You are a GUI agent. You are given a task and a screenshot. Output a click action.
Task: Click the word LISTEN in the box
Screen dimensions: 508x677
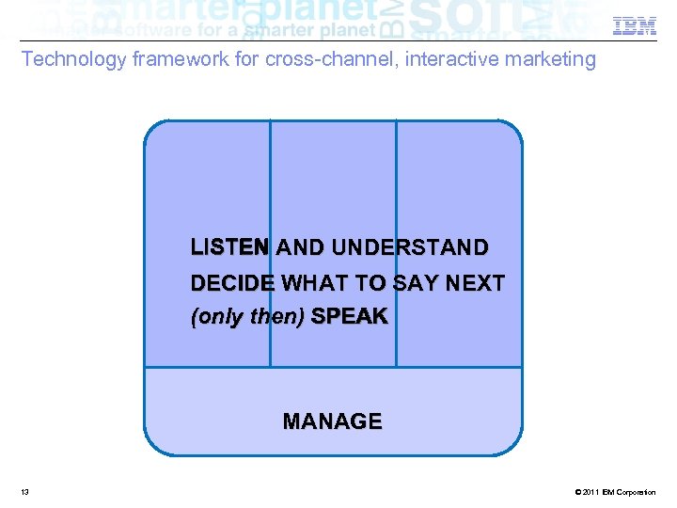pyautogui.click(x=229, y=248)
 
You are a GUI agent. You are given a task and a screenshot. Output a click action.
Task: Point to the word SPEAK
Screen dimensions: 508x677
pyautogui.click(x=349, y=317)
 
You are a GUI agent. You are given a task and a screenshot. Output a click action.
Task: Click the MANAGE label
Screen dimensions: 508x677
pyautogui.click(x=332, y=421)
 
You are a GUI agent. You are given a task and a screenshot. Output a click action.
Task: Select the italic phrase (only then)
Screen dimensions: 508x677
pyautogui.click(x=247, y=317)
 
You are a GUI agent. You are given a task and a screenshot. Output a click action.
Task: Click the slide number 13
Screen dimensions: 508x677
pyautogui.click(x=24, y=492)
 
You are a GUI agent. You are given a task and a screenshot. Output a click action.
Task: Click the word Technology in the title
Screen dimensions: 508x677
pyautogui.click(x=74, y=60)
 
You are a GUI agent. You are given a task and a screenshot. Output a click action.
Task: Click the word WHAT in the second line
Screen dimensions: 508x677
pyautogui.click(x=315, y=283)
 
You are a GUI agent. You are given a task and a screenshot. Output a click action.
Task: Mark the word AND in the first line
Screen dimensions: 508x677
pyautogui.click(x=300, y=248)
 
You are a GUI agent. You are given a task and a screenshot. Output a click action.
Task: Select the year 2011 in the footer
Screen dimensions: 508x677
pyautogui.click(x=588, y=492)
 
